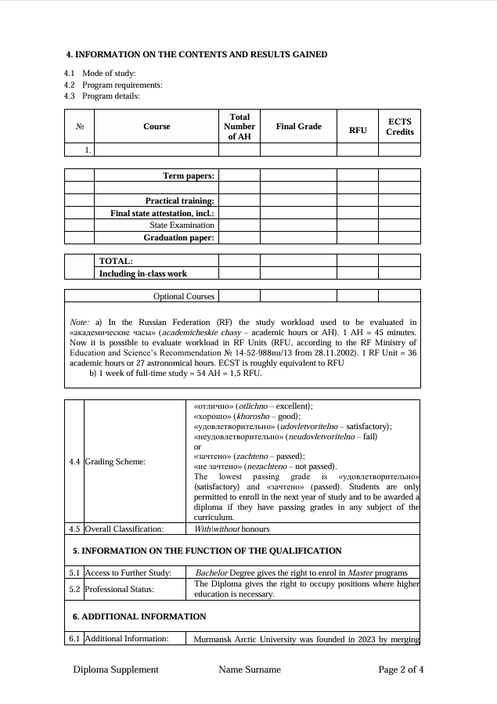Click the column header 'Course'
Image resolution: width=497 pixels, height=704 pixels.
(157, 126)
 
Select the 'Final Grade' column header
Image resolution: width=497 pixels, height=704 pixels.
(298, 126)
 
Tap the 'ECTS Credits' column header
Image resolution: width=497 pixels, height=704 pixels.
(399, 127)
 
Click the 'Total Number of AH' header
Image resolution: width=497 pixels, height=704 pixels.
(239, 126)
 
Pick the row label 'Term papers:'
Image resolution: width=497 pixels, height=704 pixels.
(188, 176)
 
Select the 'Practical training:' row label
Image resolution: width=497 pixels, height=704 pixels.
(179, 201)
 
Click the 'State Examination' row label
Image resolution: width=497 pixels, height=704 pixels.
(182, 225)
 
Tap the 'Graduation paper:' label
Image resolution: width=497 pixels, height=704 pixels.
(178, 237)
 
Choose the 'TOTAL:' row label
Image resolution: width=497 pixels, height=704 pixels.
(116, 261)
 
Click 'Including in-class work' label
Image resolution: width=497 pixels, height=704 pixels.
(142, 273)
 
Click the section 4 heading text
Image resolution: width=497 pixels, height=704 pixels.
(196, 54)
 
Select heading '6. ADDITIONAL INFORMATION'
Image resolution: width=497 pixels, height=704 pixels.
(139, 616)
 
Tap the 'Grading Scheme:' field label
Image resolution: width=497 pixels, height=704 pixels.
(115, 461)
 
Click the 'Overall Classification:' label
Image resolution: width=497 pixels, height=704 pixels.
(124, 529)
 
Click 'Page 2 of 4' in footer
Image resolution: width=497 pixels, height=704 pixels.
(401, 670)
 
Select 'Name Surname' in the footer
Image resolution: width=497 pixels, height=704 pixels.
(250, 670)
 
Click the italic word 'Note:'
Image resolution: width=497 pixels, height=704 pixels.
(80, 322)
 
